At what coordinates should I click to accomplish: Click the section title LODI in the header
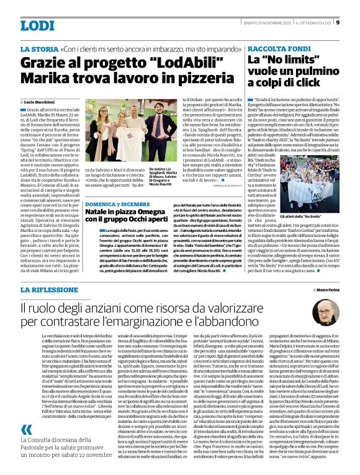point(38,25)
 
